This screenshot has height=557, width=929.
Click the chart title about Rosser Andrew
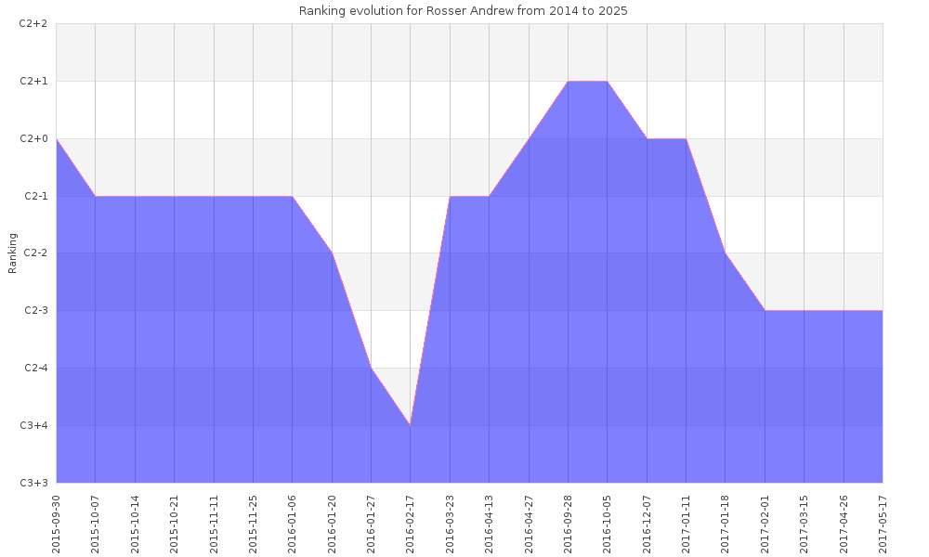click(x=463, y=10)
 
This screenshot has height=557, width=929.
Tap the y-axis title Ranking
click(x=13, y=253)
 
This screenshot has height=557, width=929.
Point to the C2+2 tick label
click(x=33, y=24)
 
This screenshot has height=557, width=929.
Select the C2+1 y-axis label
click(x=33, y=82)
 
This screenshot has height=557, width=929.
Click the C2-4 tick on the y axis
click(x=33, y=369)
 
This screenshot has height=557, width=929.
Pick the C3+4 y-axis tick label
click(x=33, y=426)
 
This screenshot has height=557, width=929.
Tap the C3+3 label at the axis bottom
click(x=33, y=483)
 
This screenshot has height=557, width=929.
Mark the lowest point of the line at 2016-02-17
click(x=411, y=425)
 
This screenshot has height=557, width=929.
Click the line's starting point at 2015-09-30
click(x=57, y=139)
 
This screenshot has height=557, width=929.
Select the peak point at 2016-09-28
click(x=569, y=82)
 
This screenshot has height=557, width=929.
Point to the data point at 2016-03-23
click(x=450, y=197)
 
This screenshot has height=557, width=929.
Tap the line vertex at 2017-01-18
click(x=726, y=253)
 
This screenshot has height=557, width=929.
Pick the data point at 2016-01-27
click(x=372, y=369)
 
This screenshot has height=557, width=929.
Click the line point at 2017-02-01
click(x=765, y=311)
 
